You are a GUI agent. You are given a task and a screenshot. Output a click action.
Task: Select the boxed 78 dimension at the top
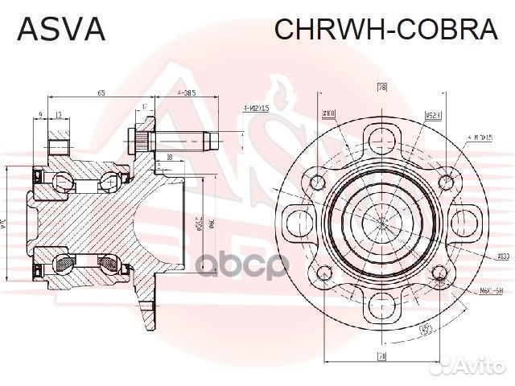pyautogui.click(x=382, y=86)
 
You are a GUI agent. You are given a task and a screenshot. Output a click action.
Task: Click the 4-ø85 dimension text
pyautogui.click(x=187, y=94)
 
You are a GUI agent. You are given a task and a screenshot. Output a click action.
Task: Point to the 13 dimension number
pyautogui.click(x=59, y=114)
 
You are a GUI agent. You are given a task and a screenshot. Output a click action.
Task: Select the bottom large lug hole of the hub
pyautogui.click(x=381, y=305)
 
